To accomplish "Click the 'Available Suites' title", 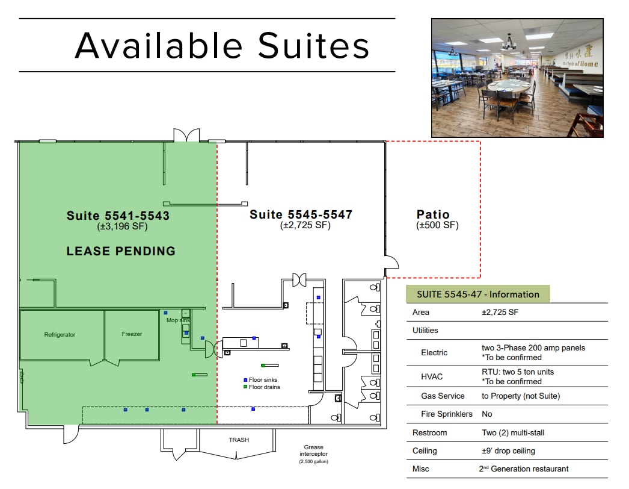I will tap(222, 45).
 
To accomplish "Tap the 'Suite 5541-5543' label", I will tap(118, 216).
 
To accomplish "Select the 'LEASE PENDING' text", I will tap(121, 251).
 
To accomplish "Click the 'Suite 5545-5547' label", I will tap(301, 214).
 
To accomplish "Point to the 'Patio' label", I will tap(433, 214).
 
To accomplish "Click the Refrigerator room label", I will tap(60, 334).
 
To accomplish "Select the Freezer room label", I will tap(132, 334).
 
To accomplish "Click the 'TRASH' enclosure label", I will tap(239, 440).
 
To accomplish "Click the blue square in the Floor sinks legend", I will tap(245, 380).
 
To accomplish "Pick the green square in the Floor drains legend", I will tap(245, 387).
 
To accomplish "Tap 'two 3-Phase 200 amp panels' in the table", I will tap(533, 347).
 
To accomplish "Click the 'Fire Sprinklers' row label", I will tap(447, 414).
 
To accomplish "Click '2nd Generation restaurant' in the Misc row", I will tap(523, 469).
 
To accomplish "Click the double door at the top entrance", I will tap(186, 135).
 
